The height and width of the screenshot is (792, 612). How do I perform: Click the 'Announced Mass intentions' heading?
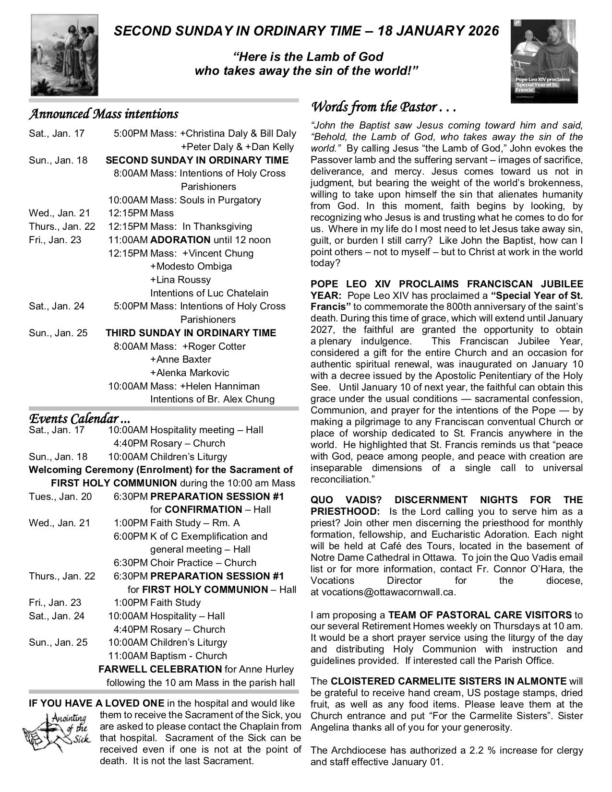(x=103, y=114)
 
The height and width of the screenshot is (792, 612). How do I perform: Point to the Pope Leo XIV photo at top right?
(x=544, y=59)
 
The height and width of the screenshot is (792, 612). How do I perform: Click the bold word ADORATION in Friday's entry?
(x=180, y=240)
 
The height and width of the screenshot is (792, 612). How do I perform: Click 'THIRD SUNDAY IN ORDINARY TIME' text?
(x=191, y=333)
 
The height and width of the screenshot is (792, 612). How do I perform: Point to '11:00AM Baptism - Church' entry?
(x=168, y=656)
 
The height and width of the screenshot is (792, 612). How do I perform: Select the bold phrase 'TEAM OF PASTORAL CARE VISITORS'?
(x=480, y=615)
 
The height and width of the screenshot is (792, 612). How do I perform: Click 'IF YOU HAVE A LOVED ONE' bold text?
(x=96, y=704)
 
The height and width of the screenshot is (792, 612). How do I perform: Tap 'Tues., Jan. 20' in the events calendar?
(x=60, y=496)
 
